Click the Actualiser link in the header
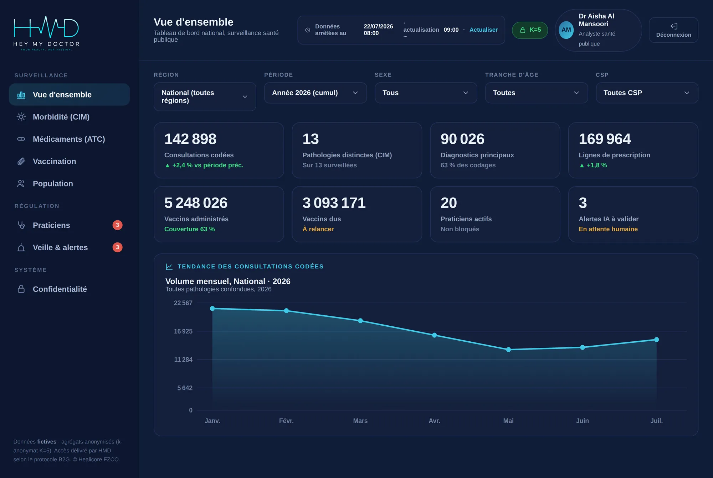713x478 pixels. tap(483, 30)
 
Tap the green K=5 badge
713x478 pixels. tap(530, 30)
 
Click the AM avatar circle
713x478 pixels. tap(566, 30)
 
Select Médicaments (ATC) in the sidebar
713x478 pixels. tap(69, 139)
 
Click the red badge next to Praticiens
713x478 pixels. tap(117, 225)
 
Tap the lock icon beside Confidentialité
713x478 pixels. tap(21, 289)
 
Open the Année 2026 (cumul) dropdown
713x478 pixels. tap(315, 93)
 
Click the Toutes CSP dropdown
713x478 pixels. tap(647, 93)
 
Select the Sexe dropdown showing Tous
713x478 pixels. tap(426, 93)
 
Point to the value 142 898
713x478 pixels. tap(190, 139)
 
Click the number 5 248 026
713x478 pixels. tap(196, 203)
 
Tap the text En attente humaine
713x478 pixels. tap(608, 229)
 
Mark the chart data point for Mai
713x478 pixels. tap(508, 350)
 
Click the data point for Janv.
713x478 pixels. tap(212, 308)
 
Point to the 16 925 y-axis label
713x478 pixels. tap(183, 331)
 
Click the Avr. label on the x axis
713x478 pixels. tap(434, 421)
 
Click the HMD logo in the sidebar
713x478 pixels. tap(46, 33)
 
